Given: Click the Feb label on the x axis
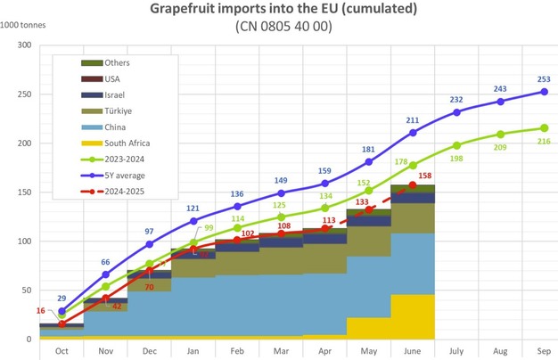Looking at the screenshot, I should coord(237,350).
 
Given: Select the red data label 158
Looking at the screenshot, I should coord(425,176).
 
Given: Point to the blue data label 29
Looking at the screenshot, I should coord(62,297).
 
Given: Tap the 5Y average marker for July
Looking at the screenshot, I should coord(457,111).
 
